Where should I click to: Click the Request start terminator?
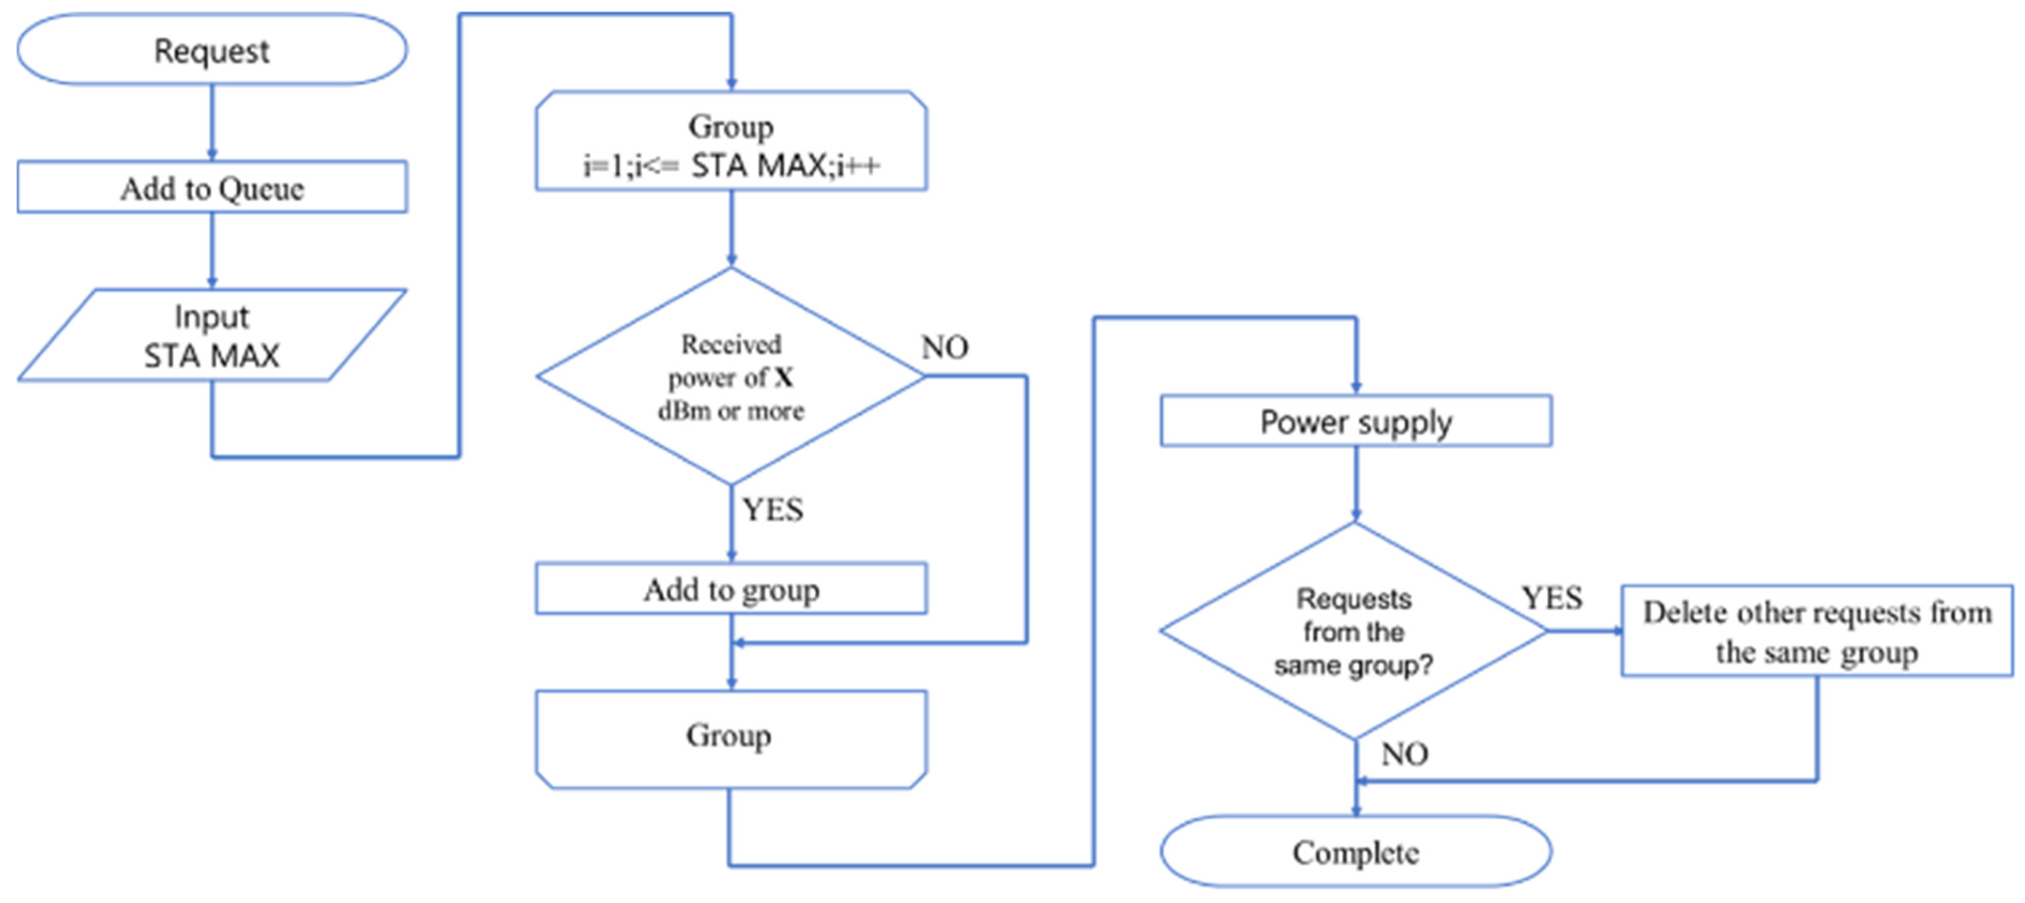(212, 50)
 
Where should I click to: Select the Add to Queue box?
(212, 188)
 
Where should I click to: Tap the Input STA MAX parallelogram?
(212, 335)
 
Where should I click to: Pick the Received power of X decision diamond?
(731, 377)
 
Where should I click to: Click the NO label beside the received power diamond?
(944, 346)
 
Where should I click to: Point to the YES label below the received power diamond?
(773, 509)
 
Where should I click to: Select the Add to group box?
(731, 589)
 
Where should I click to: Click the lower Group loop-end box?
(731, 737)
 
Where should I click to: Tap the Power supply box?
(1356, 421)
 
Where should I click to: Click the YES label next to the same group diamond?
(1551, 598)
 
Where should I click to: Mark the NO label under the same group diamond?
(1404, 754)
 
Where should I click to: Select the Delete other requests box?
(1816, 631)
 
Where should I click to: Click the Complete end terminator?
(1356, 852)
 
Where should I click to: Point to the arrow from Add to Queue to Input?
(212, 250)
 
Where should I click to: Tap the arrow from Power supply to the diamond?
(1356, 483)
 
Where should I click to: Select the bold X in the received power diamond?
(784, 378)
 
